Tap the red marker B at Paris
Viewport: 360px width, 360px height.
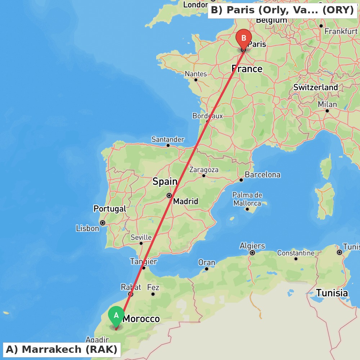244,38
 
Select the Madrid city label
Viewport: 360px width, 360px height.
185,201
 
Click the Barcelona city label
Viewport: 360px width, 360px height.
262,175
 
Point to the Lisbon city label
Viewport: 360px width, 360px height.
87,228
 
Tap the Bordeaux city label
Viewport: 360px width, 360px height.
207,116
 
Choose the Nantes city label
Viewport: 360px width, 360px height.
196,74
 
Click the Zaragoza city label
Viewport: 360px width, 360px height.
204,170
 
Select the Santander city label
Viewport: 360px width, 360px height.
168,139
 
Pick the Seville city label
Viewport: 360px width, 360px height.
141,238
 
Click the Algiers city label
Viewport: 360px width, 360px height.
252,246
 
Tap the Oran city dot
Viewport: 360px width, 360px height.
207,269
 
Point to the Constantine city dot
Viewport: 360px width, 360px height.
296,258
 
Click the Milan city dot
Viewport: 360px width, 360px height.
327,111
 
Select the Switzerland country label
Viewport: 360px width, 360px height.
316,87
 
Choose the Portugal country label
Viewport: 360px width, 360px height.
110,209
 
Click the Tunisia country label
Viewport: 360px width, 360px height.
332,293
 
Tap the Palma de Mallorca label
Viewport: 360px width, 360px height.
247,199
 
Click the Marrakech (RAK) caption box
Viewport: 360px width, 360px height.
62,349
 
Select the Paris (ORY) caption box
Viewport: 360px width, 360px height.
283,10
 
